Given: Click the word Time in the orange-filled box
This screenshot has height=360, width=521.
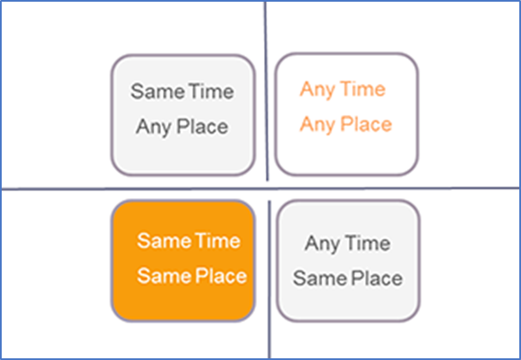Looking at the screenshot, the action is pos(218,241).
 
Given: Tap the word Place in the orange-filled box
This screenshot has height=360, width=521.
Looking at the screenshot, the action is pos(220,276).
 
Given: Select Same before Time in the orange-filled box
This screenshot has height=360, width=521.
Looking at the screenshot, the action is pos(165,241).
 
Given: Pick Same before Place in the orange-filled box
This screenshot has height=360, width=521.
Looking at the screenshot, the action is pos(165,276).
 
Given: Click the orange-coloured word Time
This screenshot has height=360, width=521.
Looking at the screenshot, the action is pos(362,89).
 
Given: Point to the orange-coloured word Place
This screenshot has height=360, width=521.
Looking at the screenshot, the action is pos(367,124).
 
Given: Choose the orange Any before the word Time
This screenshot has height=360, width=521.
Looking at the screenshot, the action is pos(318,90).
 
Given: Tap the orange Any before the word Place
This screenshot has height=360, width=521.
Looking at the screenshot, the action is pos(318,125).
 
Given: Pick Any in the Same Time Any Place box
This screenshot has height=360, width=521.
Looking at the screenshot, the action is pos(154,128).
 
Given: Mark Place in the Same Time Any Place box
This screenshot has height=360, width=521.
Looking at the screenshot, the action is pos(202,127).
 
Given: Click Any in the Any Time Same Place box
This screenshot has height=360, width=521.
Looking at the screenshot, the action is pos(323,244).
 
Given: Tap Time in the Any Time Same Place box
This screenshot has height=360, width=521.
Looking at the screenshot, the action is pos(368,243).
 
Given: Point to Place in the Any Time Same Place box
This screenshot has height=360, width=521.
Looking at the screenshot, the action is pos(377,279).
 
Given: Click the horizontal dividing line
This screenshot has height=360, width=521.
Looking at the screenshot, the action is pos(260,189).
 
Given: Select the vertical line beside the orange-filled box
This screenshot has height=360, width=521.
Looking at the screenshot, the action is pos(269,279).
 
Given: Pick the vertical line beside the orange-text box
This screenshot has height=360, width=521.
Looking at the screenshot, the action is pos(266,91).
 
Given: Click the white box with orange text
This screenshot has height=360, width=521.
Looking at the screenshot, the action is pos(346,114).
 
